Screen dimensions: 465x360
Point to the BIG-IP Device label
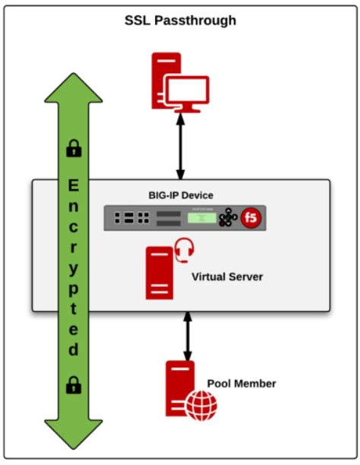click(181, 195)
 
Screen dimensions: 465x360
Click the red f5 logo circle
click(251, 219)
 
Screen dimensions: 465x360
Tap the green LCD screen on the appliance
click(200, 219)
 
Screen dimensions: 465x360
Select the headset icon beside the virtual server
click(182, 249)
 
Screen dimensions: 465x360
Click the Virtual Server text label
click(226, 277)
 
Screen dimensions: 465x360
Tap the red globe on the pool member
click(201, 404)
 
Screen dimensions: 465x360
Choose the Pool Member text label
click(241, 384)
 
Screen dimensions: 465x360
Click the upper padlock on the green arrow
click(74, 150)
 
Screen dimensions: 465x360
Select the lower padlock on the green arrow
click(74, 384)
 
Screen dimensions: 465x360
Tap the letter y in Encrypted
click(74, 269)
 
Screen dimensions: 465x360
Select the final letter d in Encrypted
click(74, 350)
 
